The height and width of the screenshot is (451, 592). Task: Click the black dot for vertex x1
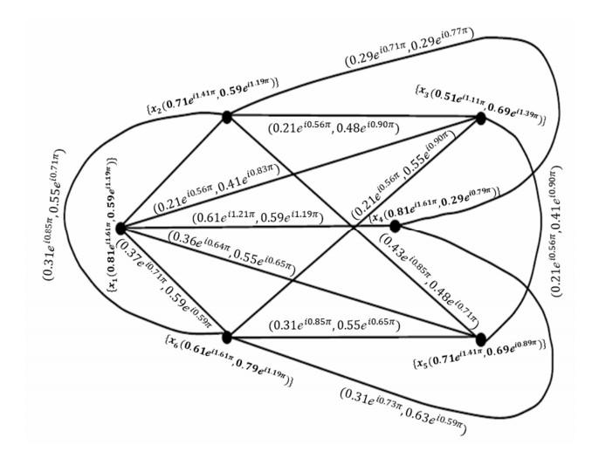(x=120, y=228)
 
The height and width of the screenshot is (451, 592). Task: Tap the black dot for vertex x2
(x=227, y=116)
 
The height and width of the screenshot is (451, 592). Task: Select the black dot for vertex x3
(x=479, y=118)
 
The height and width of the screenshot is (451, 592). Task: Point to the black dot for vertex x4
(x=395, y=226)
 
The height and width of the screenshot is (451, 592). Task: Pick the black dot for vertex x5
(x=480, y=338)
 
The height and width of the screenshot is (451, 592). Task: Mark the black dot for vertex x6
(x=227, y=337)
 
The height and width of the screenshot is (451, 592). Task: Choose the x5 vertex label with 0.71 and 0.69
(x=480, y=357)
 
